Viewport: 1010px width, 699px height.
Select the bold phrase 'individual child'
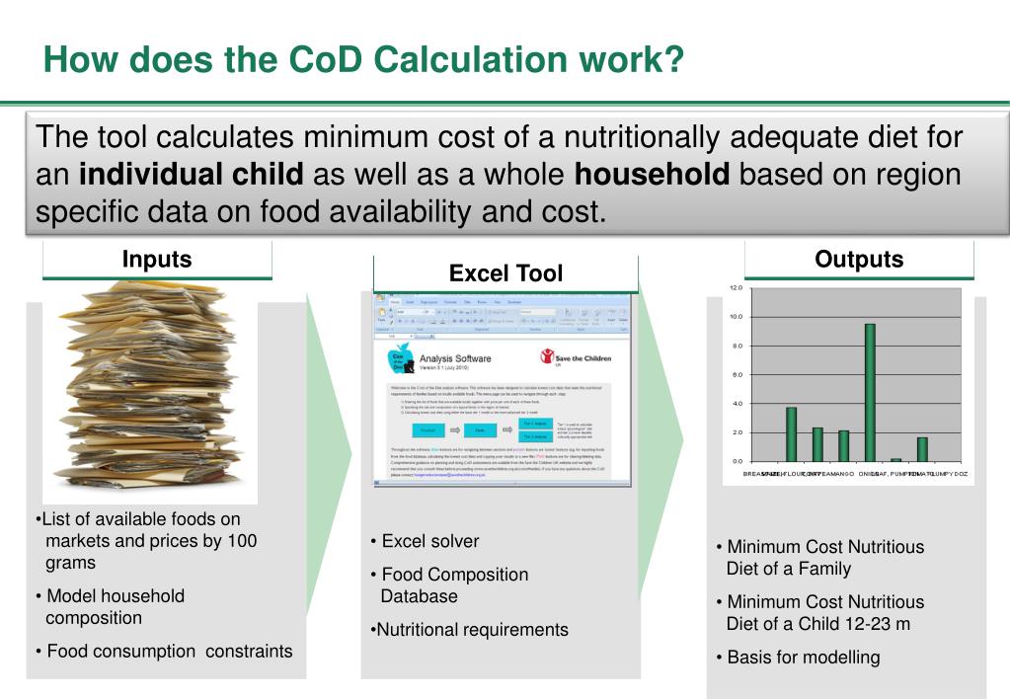tap(191, 175)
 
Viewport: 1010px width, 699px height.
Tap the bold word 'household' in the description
tap(652, 175)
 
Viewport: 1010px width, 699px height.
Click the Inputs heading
tap(157, 260)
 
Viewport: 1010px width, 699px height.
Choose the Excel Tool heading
tap(505, 273)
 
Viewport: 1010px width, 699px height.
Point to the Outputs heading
tap(859, 260)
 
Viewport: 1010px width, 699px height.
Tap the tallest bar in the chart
tap(870, 392)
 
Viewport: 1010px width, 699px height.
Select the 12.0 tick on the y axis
tap(736, 288)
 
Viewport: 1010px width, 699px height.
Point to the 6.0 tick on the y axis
tap(736, 375)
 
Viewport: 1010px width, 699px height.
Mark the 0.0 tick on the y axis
tap(736, 461)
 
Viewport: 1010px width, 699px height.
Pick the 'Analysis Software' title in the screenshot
tap(455, 359)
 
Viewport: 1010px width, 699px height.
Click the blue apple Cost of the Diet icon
tap(400, 361)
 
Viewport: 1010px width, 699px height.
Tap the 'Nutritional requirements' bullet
tap(470, 630)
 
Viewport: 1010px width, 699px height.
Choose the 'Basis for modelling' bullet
tap(803, 658)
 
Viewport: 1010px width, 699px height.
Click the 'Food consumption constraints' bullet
tap(170, 651)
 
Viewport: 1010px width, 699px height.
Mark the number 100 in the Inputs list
tap(242, 540)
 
